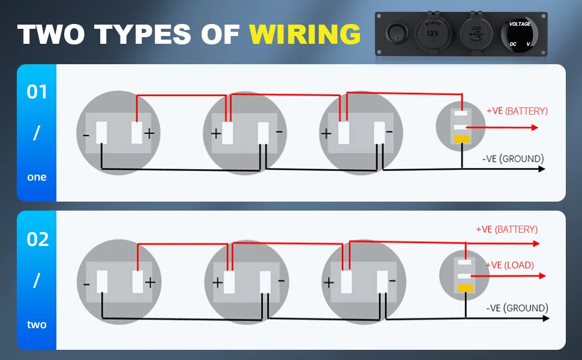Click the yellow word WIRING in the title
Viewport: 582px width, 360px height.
[305, 34]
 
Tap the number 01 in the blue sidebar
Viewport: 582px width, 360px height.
[37, 92]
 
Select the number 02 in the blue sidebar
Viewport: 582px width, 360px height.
[37, 239]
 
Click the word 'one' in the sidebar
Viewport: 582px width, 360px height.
[37, 177]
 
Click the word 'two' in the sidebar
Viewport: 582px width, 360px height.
[37, 325]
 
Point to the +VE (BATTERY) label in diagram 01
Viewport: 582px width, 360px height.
[517, 111]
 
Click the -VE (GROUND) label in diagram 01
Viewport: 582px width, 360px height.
[513, 159]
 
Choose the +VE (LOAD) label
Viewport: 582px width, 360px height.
[510, 265]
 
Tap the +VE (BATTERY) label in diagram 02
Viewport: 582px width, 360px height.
[506, 229]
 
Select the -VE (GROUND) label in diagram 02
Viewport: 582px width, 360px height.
[517, 308]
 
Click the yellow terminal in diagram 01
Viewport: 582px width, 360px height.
[461, 139]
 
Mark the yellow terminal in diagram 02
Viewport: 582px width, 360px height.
[465, 288]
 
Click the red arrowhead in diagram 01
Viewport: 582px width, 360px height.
[535, 128]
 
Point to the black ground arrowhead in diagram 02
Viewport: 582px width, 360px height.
[545, 319]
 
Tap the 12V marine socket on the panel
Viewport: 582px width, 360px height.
[433, 32]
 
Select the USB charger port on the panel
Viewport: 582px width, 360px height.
[476, 32]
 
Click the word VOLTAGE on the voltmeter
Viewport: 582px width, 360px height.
[520, 24]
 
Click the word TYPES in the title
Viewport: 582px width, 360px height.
[143, 34]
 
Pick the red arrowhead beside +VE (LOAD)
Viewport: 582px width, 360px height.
[542, 276]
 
